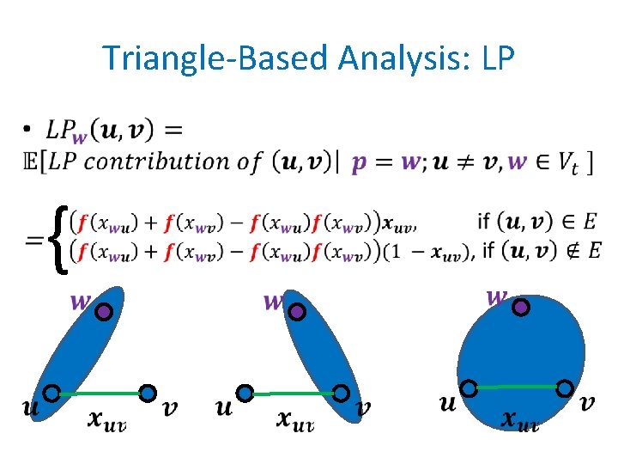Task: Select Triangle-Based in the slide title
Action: point(215,58)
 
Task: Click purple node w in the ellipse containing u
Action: point(104,312)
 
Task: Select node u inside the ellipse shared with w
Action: point(51,394)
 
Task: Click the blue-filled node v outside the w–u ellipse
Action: point(148,393)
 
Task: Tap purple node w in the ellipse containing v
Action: point(296,312)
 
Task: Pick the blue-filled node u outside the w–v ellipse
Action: point(245,393)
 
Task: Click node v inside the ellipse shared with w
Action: point(342,394)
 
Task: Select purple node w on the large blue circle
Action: point(520,306)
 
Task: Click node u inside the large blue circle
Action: point(470,388)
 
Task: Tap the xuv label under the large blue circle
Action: point(520,420)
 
